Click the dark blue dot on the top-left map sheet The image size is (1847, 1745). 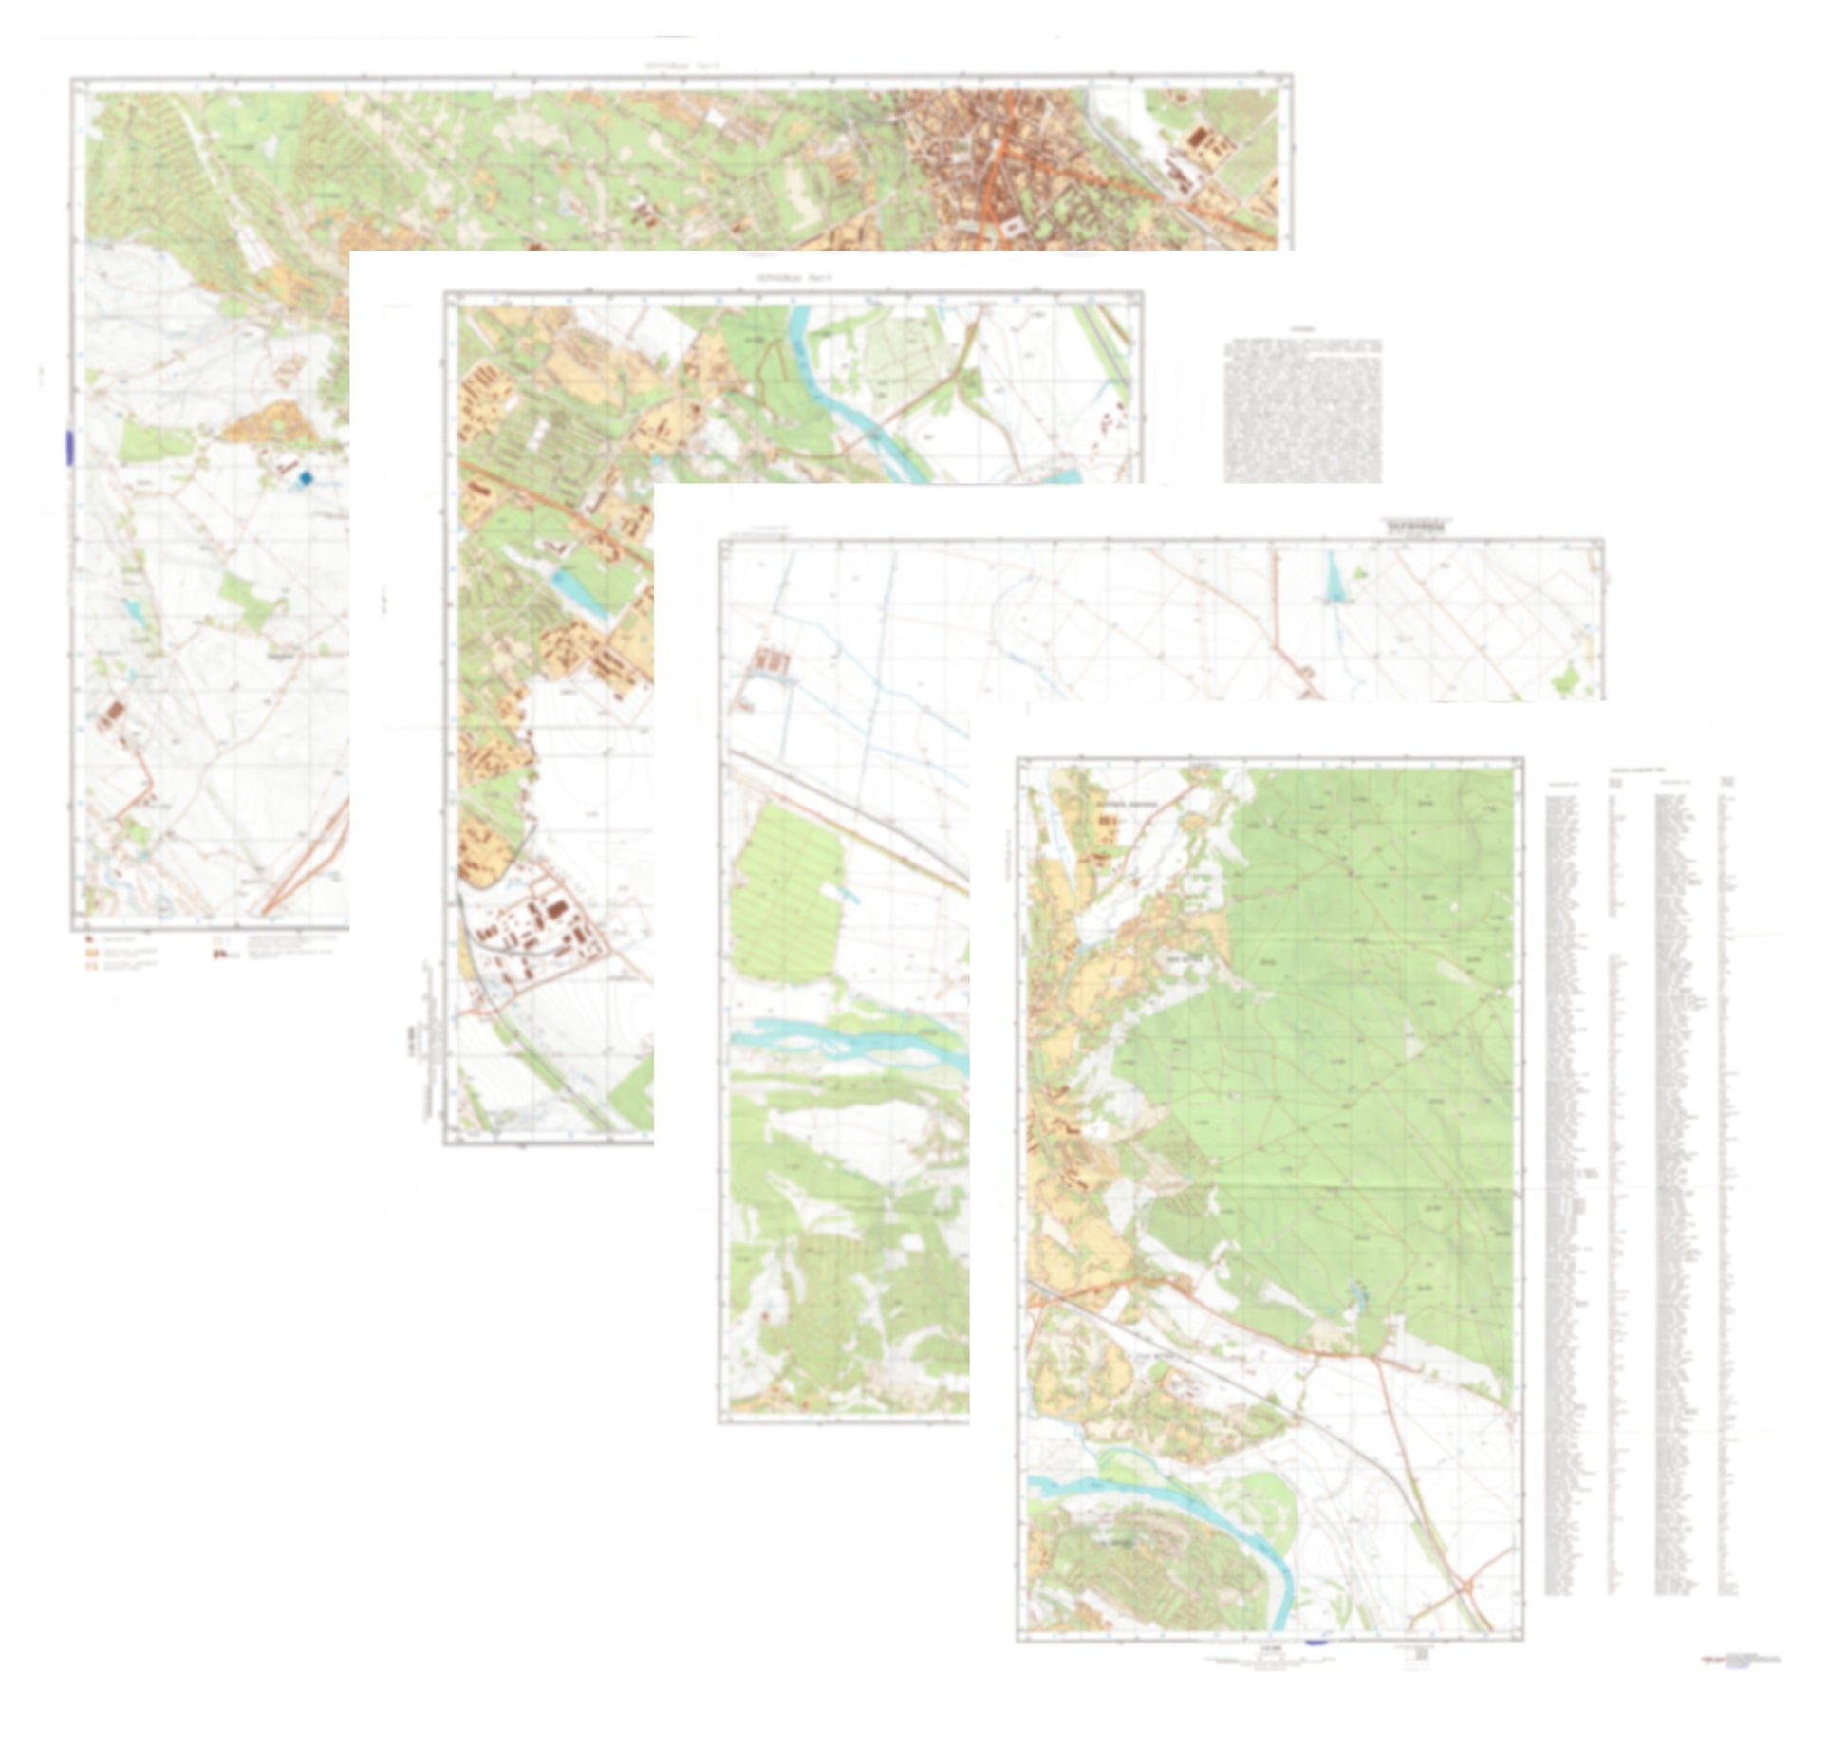click(305, 479)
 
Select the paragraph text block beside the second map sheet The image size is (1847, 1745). click(1302, 409)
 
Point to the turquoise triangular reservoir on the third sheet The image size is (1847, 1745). click(1336, 580)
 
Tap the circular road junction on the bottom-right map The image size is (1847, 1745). click(1466, 1586)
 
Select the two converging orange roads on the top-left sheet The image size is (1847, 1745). click(304, 873)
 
